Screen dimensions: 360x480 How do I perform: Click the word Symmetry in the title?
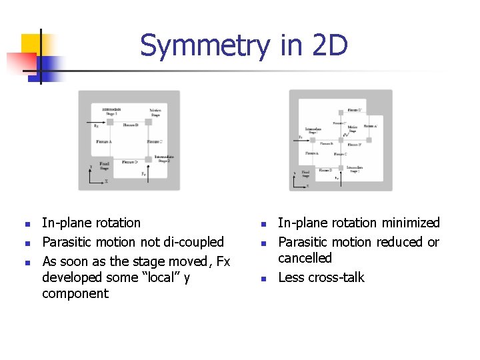[204, 47]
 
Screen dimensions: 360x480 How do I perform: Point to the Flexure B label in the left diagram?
[131, 125]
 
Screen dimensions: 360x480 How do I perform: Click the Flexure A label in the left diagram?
[104, 142]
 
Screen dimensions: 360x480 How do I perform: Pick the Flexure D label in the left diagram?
[131, 162]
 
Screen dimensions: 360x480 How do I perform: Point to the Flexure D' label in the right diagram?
[355, 110]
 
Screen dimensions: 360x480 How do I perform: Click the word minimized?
[409, 223]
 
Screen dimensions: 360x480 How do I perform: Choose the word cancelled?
[305, 258]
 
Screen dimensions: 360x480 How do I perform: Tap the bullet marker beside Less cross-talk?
[263, 279]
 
